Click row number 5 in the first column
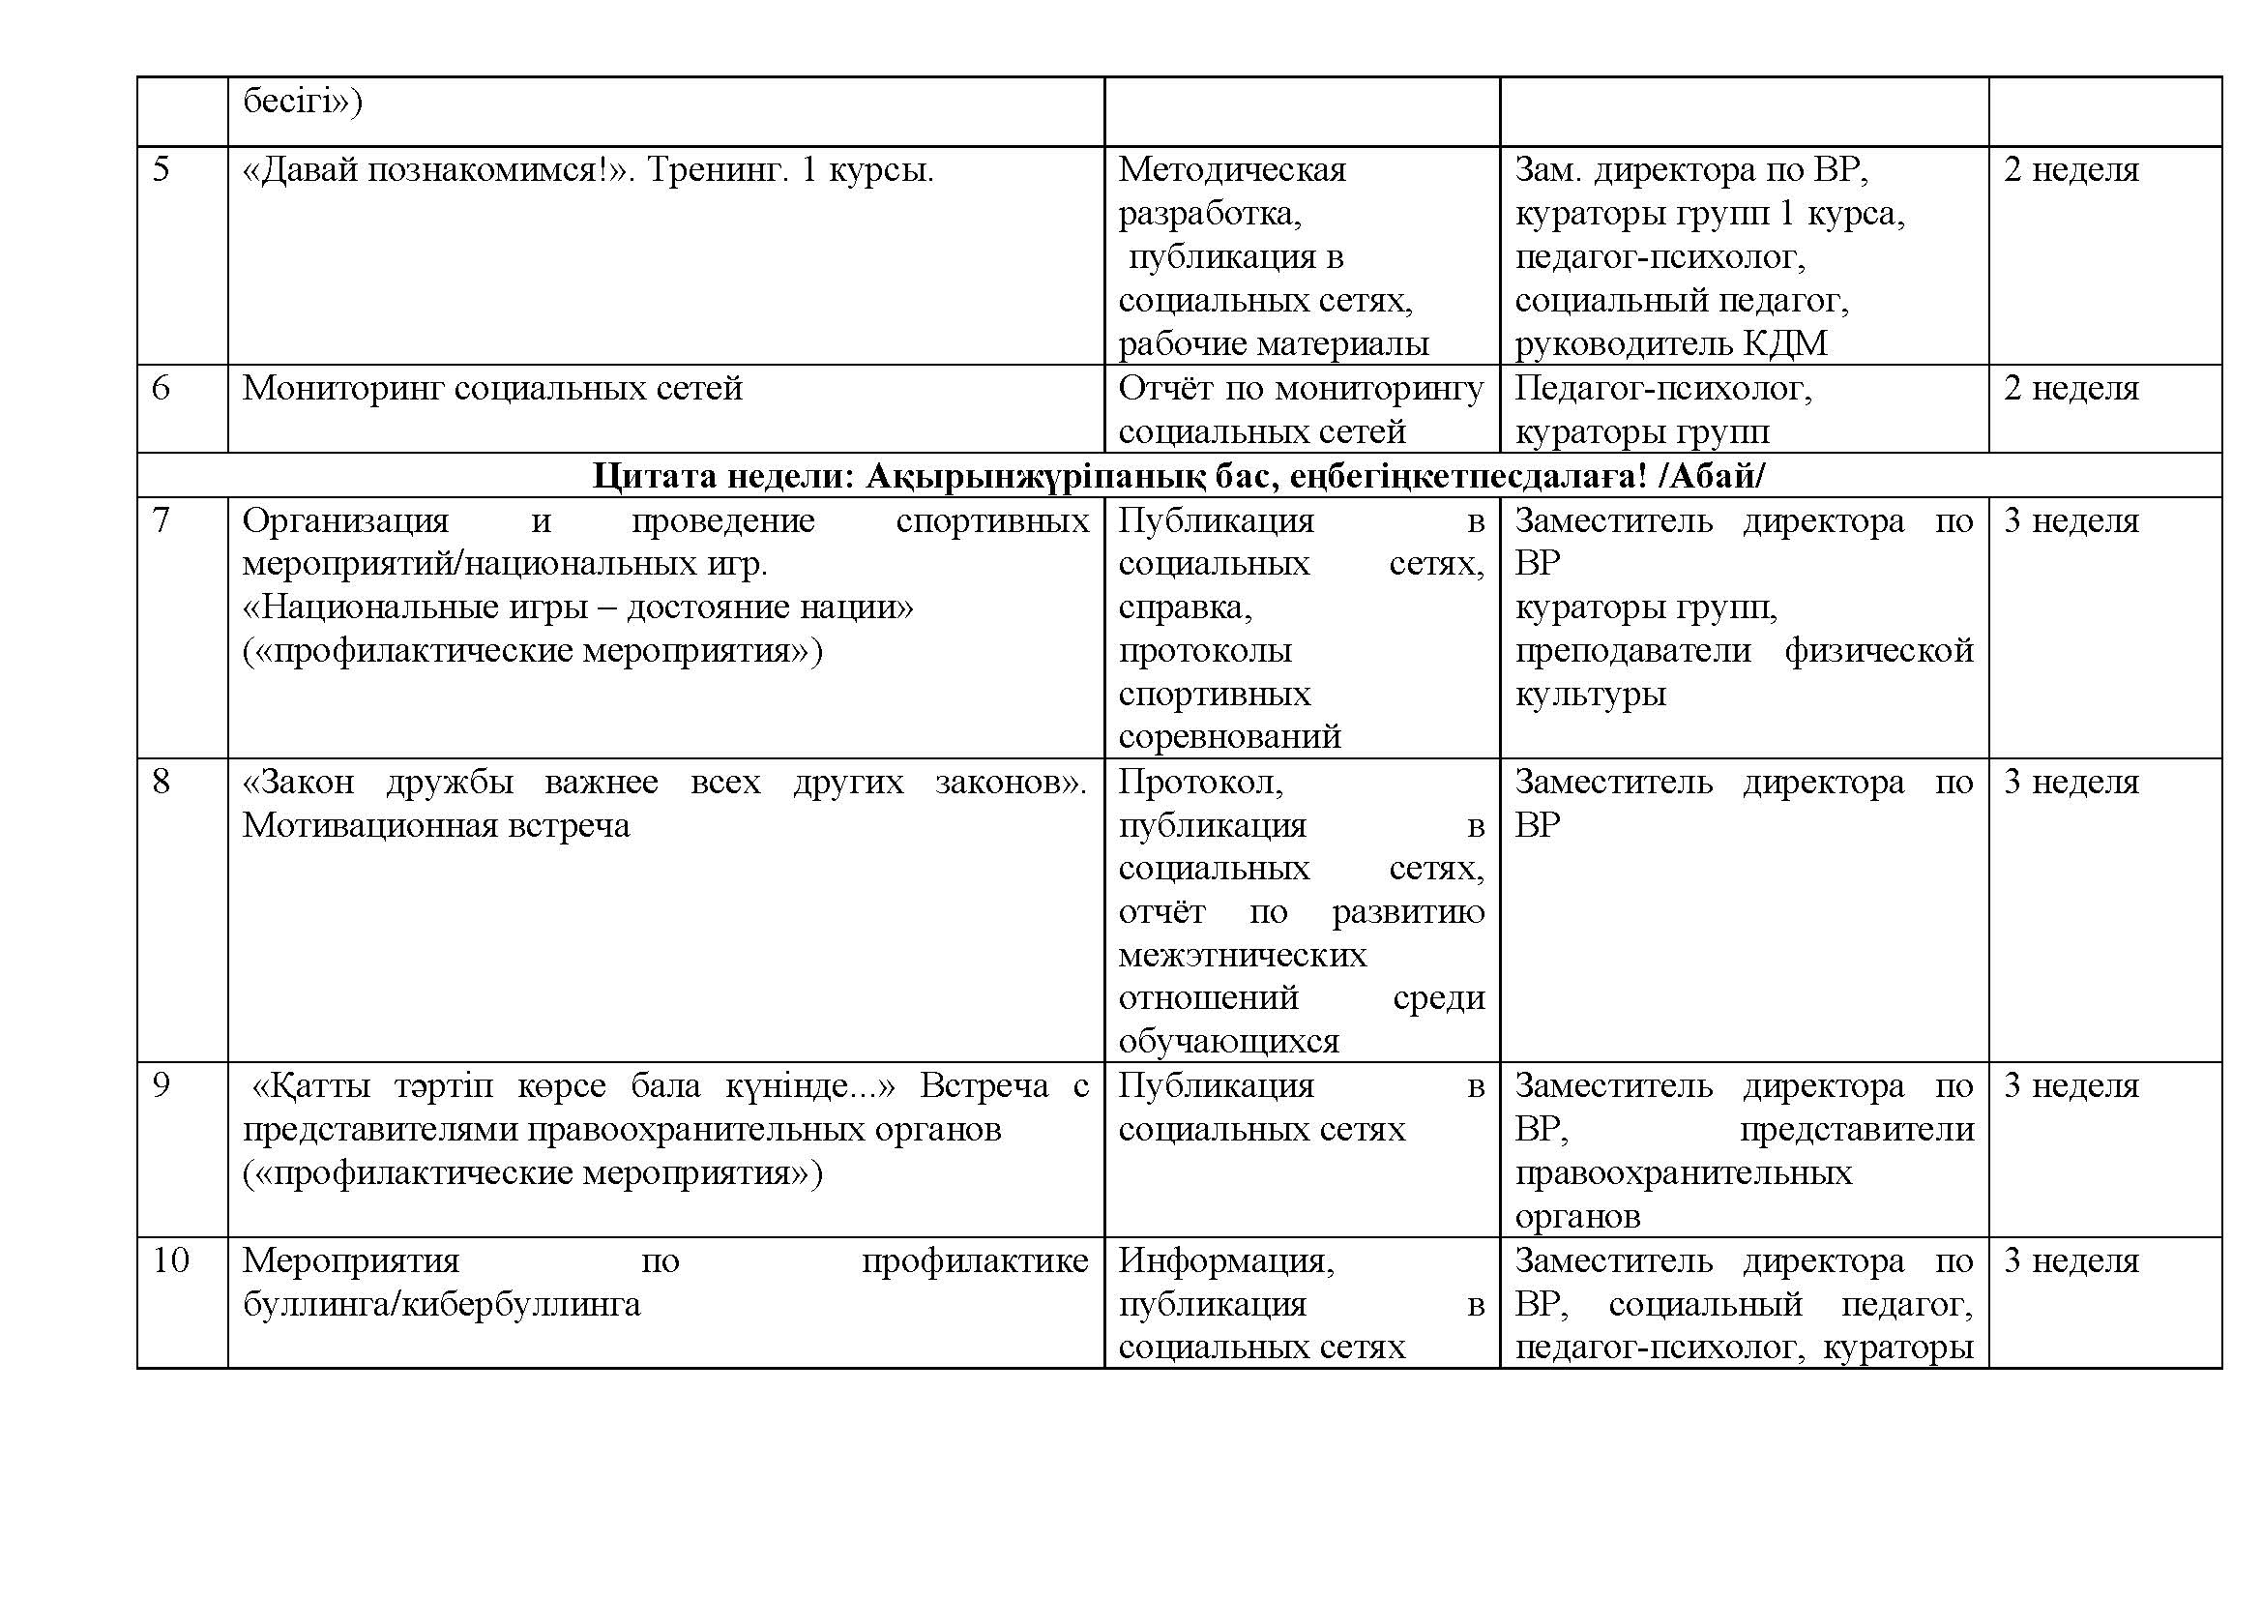pyautogui.click(x=161, y=170)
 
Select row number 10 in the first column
pyautogui.click(x=169, y=1261)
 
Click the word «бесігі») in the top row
pyautogui.click(x=303, y=102)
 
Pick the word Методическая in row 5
pyautogui.click(x=1231, y=170)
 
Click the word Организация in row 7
pyautogui.click(x=345, y=520)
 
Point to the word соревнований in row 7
pyautogui.click(x=1229, y=737)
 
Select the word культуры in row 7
pyautogui.click(x=1590, y=695)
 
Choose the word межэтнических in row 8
pyautogui.click(x=1243, y=956)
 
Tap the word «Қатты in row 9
pyautogui.click(x=311, y=1086)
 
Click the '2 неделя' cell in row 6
pyautogui.click(x=2071, y=389)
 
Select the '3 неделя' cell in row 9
pyautogui.click(x=2071, y=1086)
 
